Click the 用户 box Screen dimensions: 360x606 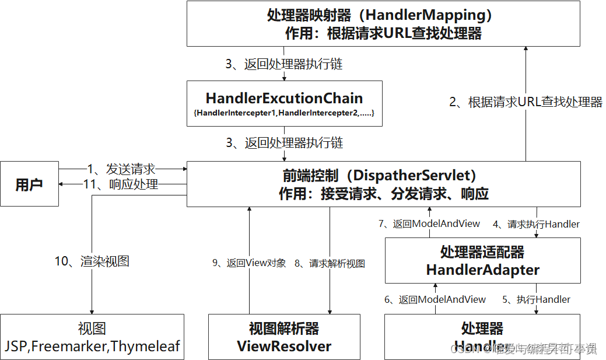[x=29, y=184]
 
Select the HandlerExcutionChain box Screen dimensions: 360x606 [x=284, y=103]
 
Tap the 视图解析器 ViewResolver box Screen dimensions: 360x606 [x=284, y=337]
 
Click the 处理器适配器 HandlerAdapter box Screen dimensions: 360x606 [x=482, y=260]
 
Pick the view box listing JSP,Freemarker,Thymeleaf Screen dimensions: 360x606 [x=92, y=337]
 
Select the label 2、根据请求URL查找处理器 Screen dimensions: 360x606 [x=526, y=102]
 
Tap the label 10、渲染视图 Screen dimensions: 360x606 [x=92, y=261]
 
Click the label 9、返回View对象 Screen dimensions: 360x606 [x=249, y=263]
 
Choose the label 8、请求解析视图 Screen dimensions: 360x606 [x=330, y=263]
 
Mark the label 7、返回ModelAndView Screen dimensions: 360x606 [x=429, y=223]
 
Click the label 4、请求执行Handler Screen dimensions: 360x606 [x=536, y=224]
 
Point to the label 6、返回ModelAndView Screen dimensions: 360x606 [x=435, y=299]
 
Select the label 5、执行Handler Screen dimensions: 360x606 [x=536, y=299]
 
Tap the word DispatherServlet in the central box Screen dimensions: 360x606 [x=416, y=175]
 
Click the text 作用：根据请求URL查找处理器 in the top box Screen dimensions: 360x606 [x=383, y=33]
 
